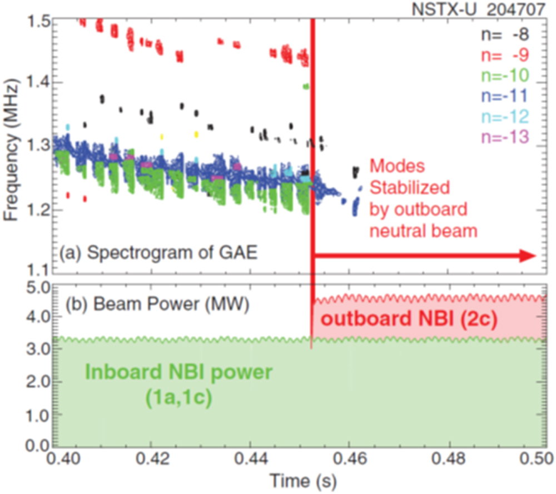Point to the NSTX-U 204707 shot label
point(484,10)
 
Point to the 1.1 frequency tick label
point(37,271)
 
